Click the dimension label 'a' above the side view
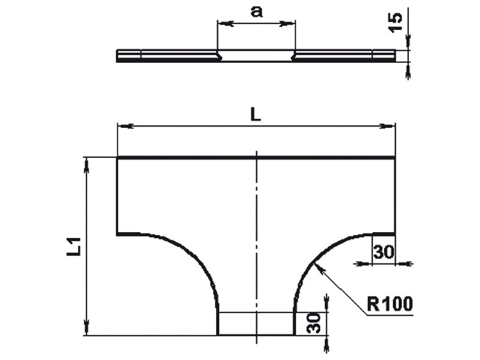pyautogui.click(x=257, y=12)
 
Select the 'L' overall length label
pyautogui.click(x=256, y=115)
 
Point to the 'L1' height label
pyautogui.click(x=74, y=247)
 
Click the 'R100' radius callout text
pyautogui.click(x=389, y=304)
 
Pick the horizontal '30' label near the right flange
pyautogui.click(x=384, y=253)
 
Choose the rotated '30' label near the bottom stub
pyautogui.click(x=313, y=323)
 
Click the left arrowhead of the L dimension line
pyautogui.click(x=125, y=126)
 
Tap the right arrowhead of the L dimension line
pyautogui.click(x=387, y=126)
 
